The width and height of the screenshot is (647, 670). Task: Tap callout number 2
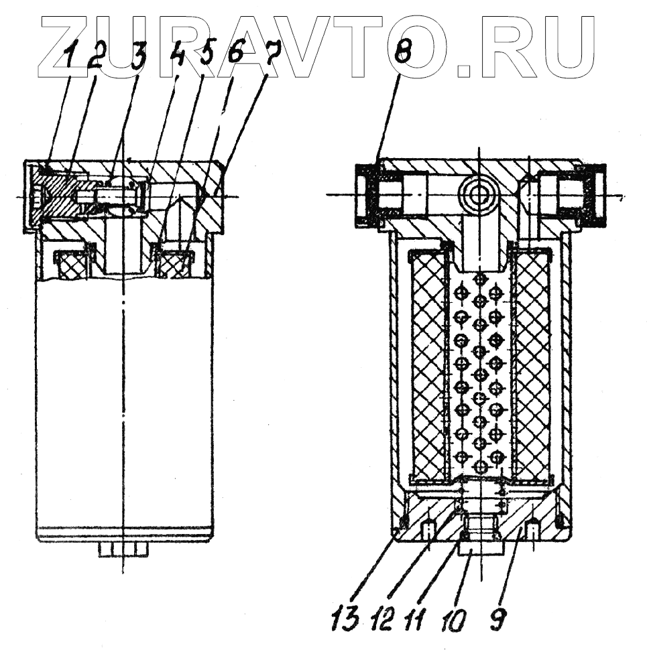[x=94, y=59]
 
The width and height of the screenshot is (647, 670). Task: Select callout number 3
[x=139, y=59]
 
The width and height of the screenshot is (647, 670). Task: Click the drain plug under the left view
[x=124, y=550]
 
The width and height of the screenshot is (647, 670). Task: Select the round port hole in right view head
[x=479, y=195]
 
